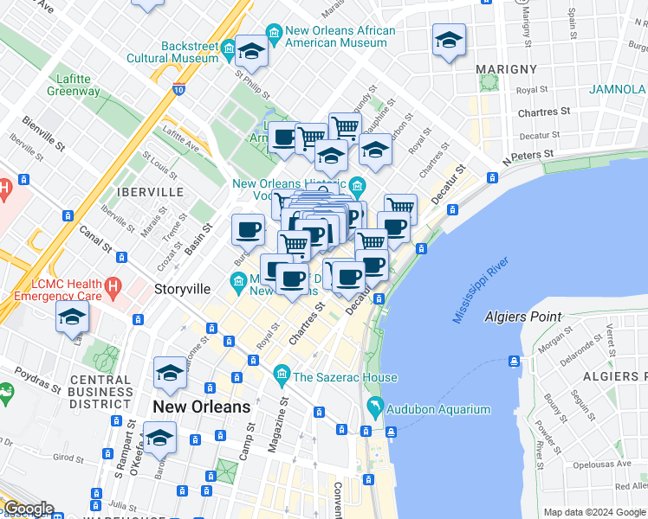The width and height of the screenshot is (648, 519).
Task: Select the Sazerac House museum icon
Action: tap(281, 376)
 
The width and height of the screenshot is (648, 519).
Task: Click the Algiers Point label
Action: tap(523, 317)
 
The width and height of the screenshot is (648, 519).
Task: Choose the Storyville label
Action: tap(183, 288)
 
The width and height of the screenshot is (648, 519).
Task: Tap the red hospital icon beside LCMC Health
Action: tap(112, 283)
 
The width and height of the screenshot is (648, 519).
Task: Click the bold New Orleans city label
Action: tap(201, 406)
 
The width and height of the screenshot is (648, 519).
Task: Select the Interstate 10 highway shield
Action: tap(178, 88)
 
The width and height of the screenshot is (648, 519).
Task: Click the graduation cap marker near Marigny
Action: tap(449, 40)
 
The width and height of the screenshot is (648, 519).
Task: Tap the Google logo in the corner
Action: tap(28, 509)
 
